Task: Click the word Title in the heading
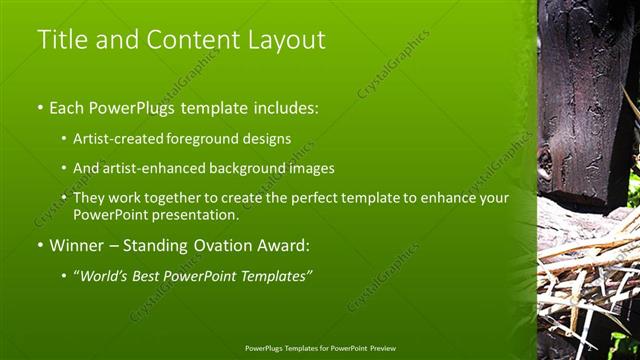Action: coord(60,40)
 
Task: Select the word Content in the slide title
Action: coord(188,40)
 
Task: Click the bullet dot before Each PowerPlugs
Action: coord(40,107)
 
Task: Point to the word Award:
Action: coord(285,245)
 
